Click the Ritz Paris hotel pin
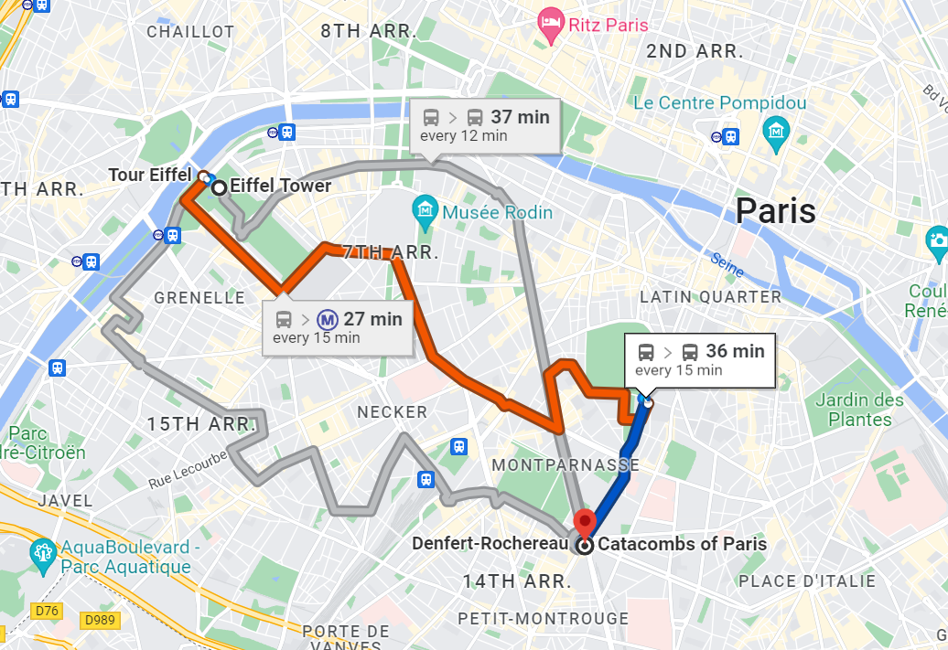(x=550, y=26)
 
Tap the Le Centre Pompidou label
(x=719, y=103)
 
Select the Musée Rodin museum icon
(x=426, y=212)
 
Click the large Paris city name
(x=775, y=211)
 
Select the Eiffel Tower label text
(x=280, y=186)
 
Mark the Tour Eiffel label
(x=149, y=175)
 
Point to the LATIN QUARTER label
(x=710, y=297)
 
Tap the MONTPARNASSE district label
(x=566, y=465)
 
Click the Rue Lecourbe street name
(x=188, y=468)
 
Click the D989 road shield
(x=101, y=621)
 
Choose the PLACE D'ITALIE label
(x=807, y=581)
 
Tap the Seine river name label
(x=727, y=264)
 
